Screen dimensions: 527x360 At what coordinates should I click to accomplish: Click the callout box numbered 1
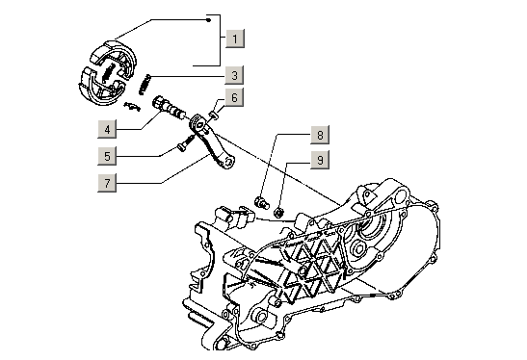pos(235,39)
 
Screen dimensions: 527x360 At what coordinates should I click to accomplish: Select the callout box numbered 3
pos(234,75)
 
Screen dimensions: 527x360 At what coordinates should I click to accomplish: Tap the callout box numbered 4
pos(107,129)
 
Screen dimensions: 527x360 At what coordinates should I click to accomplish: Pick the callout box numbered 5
pos(107,156)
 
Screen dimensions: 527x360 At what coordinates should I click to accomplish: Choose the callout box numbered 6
pos(234,97)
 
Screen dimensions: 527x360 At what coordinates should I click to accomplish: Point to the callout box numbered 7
pos(107,183)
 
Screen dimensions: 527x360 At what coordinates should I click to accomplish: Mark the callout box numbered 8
pos(320,135)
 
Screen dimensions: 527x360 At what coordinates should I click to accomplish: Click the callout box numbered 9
pos(320,160)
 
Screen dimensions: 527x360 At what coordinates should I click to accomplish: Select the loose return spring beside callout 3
pos(145,84)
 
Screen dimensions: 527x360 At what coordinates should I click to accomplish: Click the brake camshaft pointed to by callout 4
pos(170,108)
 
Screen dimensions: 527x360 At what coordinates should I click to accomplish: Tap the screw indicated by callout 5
pos(186,143)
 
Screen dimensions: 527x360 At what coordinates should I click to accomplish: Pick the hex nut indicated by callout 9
pos(279,212)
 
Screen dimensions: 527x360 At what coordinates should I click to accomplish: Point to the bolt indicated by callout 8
pos(261,202)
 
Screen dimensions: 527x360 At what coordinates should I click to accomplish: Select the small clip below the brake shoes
pos(132,106)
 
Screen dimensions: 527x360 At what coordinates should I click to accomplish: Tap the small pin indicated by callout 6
pos(214,116)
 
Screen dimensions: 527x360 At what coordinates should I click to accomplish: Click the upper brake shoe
pos(115,54)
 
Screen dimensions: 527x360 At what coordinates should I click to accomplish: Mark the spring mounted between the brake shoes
pos(108,73)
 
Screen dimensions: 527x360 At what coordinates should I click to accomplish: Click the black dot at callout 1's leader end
pos(209,20)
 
